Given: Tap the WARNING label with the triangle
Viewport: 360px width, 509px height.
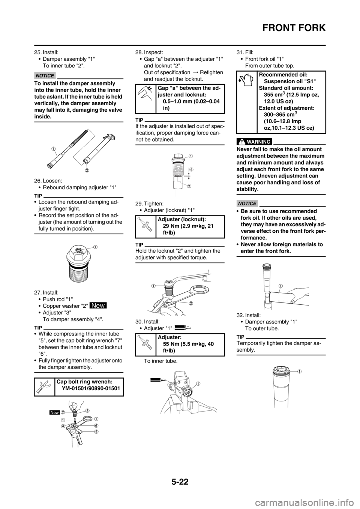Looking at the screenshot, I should point(254,142).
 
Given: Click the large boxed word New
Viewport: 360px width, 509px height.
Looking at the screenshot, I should point(98,305).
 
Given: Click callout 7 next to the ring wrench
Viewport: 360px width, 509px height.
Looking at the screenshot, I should point(96,418).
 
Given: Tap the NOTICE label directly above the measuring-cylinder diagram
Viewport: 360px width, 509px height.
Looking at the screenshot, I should point(247,204).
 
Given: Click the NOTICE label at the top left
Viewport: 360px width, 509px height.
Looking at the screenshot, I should point(45,76).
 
